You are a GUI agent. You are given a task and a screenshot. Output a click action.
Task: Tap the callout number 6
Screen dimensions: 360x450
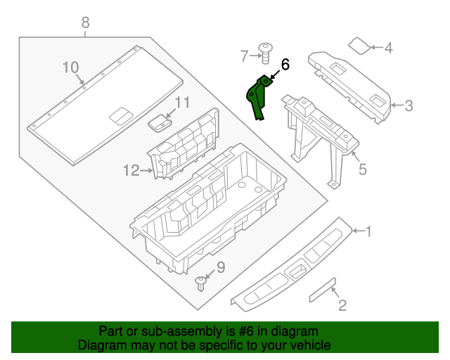[285, 65]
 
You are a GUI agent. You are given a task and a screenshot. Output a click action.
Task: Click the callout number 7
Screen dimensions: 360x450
[245, 55]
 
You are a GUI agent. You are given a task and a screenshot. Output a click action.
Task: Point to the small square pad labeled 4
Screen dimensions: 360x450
[359, 46]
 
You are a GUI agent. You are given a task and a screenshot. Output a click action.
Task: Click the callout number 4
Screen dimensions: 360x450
[388, 49]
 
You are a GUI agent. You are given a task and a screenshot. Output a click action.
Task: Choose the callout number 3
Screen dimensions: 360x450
[409, 106]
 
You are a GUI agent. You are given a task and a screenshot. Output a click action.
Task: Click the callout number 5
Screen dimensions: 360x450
[362, 169]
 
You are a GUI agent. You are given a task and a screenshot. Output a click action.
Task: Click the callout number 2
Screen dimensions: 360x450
[342, 305]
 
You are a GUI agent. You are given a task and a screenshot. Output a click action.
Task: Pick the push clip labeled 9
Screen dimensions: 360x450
[201, 283]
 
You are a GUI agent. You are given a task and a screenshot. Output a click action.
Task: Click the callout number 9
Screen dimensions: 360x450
[220, 267]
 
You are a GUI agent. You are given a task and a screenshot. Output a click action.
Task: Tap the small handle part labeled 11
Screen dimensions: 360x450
[161, 122]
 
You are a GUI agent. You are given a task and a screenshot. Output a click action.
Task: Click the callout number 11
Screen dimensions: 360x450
[182, 103]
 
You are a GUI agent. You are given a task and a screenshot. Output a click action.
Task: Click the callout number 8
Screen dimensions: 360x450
[85, 22]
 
